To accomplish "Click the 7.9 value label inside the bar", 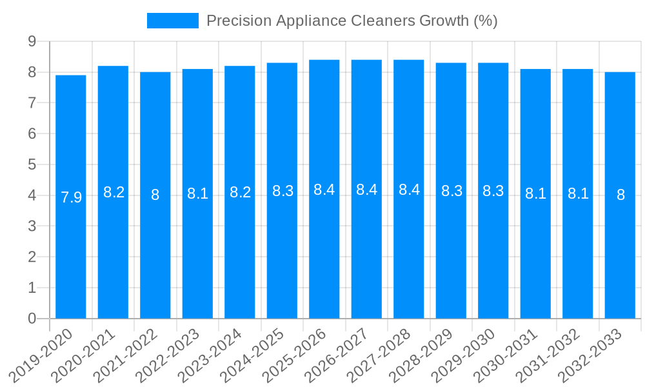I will pos(71,197).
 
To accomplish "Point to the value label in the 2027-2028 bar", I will pos(409,190).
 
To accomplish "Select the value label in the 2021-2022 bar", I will pos(155,195).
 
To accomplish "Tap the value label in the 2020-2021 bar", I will pos(114,192).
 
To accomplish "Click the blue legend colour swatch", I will pos(172,21).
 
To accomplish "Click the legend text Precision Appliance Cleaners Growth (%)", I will pos(352,21).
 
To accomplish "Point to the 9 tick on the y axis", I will pos(32,41).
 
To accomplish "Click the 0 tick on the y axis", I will pos(32,319).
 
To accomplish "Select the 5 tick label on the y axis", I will pos(32,164).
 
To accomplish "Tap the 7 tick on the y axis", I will pos(32,103).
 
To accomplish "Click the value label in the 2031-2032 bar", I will pos(578,193).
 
